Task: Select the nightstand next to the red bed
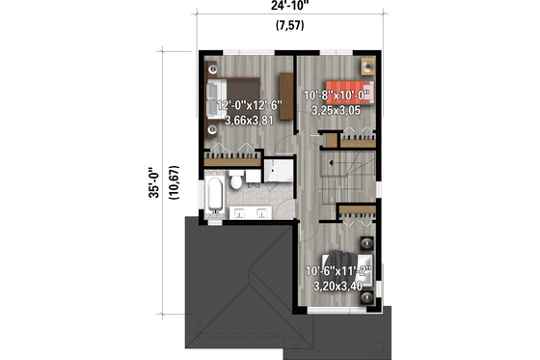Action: (367, 66)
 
